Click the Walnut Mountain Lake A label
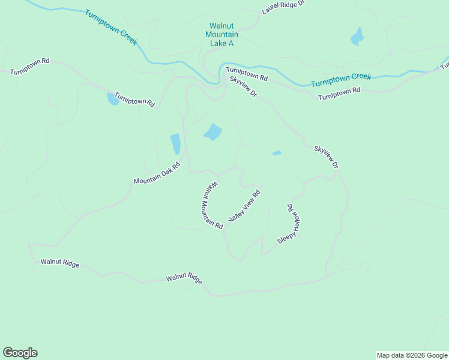tap(221, 34)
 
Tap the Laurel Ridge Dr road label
tap(283, 7)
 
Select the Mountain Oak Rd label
tap(157, 173)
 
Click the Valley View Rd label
tap(245, 206)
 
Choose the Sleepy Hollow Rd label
tap(289, 223)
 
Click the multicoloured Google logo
tap(20, 353)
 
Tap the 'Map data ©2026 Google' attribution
tap(412, 355)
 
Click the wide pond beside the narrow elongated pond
tap(212, 132)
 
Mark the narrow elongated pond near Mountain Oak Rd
tap(175, 144)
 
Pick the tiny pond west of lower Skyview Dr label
tap(277, 153)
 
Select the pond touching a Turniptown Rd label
tap(112, 99)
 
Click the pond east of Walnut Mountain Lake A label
tap(357, 37)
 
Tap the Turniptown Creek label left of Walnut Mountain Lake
tap(111, 28)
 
